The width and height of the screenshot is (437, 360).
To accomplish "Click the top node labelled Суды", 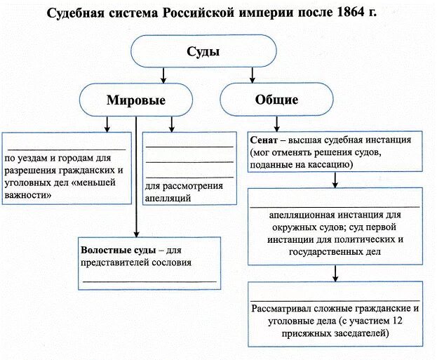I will point(203,52).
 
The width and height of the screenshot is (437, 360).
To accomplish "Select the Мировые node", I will point(136,100).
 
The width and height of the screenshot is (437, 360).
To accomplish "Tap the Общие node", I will point(276,100).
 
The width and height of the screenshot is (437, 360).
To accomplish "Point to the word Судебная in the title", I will point(79,13).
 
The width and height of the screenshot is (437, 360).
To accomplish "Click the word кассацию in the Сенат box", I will point(325,164).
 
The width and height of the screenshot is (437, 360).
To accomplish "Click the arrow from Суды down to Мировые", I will point(163,74).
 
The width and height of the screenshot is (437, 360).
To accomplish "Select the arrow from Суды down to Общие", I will point(243,74).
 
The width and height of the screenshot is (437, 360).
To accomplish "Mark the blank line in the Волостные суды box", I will point(149,281).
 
